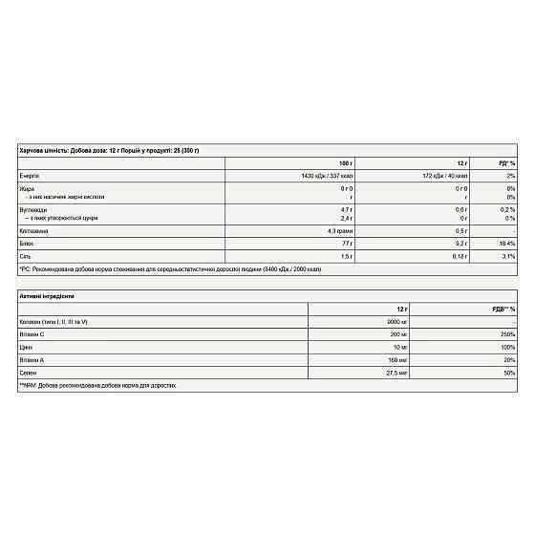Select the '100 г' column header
click(345, 163)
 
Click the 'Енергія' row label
click(30, 177)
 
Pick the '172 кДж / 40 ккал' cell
click(447, 177)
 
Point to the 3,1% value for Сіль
click(508, 257)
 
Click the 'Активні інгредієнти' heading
click(47, 296)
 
